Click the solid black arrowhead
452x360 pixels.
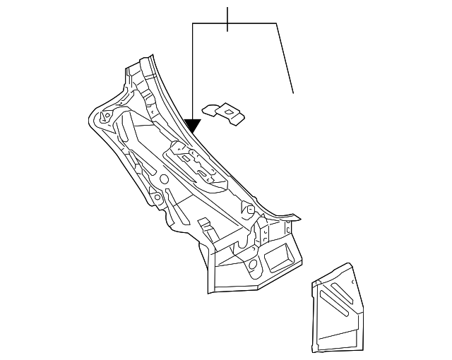pyautogui.click(x=192, y=126)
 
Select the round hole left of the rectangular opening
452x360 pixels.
pyautogui.click(x=252, y=265)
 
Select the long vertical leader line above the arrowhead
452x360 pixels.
pyautogui.click(x=192, y=71)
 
